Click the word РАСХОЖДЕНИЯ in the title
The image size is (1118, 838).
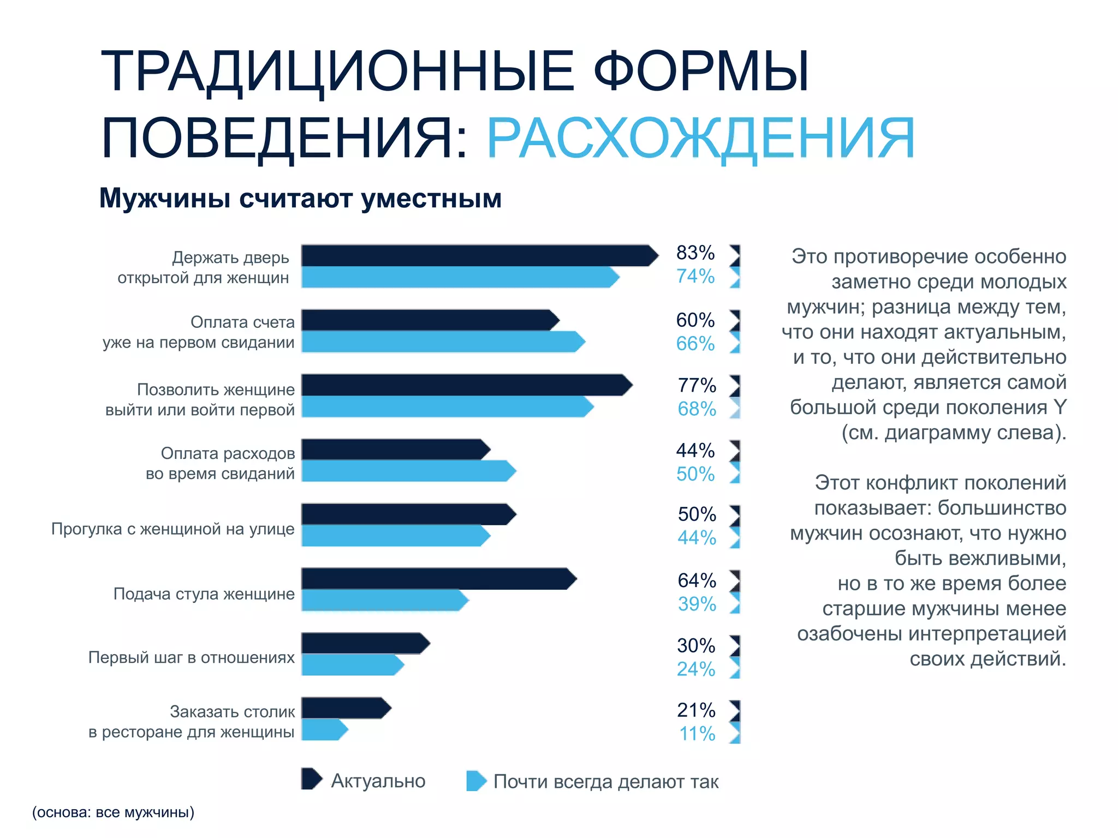[x=700, y=139]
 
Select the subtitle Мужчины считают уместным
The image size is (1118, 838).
[x=300, y=198]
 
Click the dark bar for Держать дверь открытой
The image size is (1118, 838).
[x=475, y=255]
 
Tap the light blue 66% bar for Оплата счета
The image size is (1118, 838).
[x=439, y=342]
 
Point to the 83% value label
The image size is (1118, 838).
[x=695, y=253]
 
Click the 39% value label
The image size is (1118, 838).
[x=697, y=604]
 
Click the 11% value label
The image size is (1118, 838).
[x=697, y=734]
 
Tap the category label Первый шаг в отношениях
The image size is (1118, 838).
[x=192, y=657]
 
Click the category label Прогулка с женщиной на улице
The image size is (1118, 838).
[x=173, y=529]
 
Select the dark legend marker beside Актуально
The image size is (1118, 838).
[x=312, y=779]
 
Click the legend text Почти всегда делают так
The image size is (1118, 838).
[x=605, y=782]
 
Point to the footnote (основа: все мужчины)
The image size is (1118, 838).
[x=113, y=812]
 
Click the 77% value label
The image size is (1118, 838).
[x=697, y=385]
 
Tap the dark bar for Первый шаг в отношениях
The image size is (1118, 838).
[x=363, y=643]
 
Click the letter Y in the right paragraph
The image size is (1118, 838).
[x=1059, y=407]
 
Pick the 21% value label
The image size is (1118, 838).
[x=696, y=710]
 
